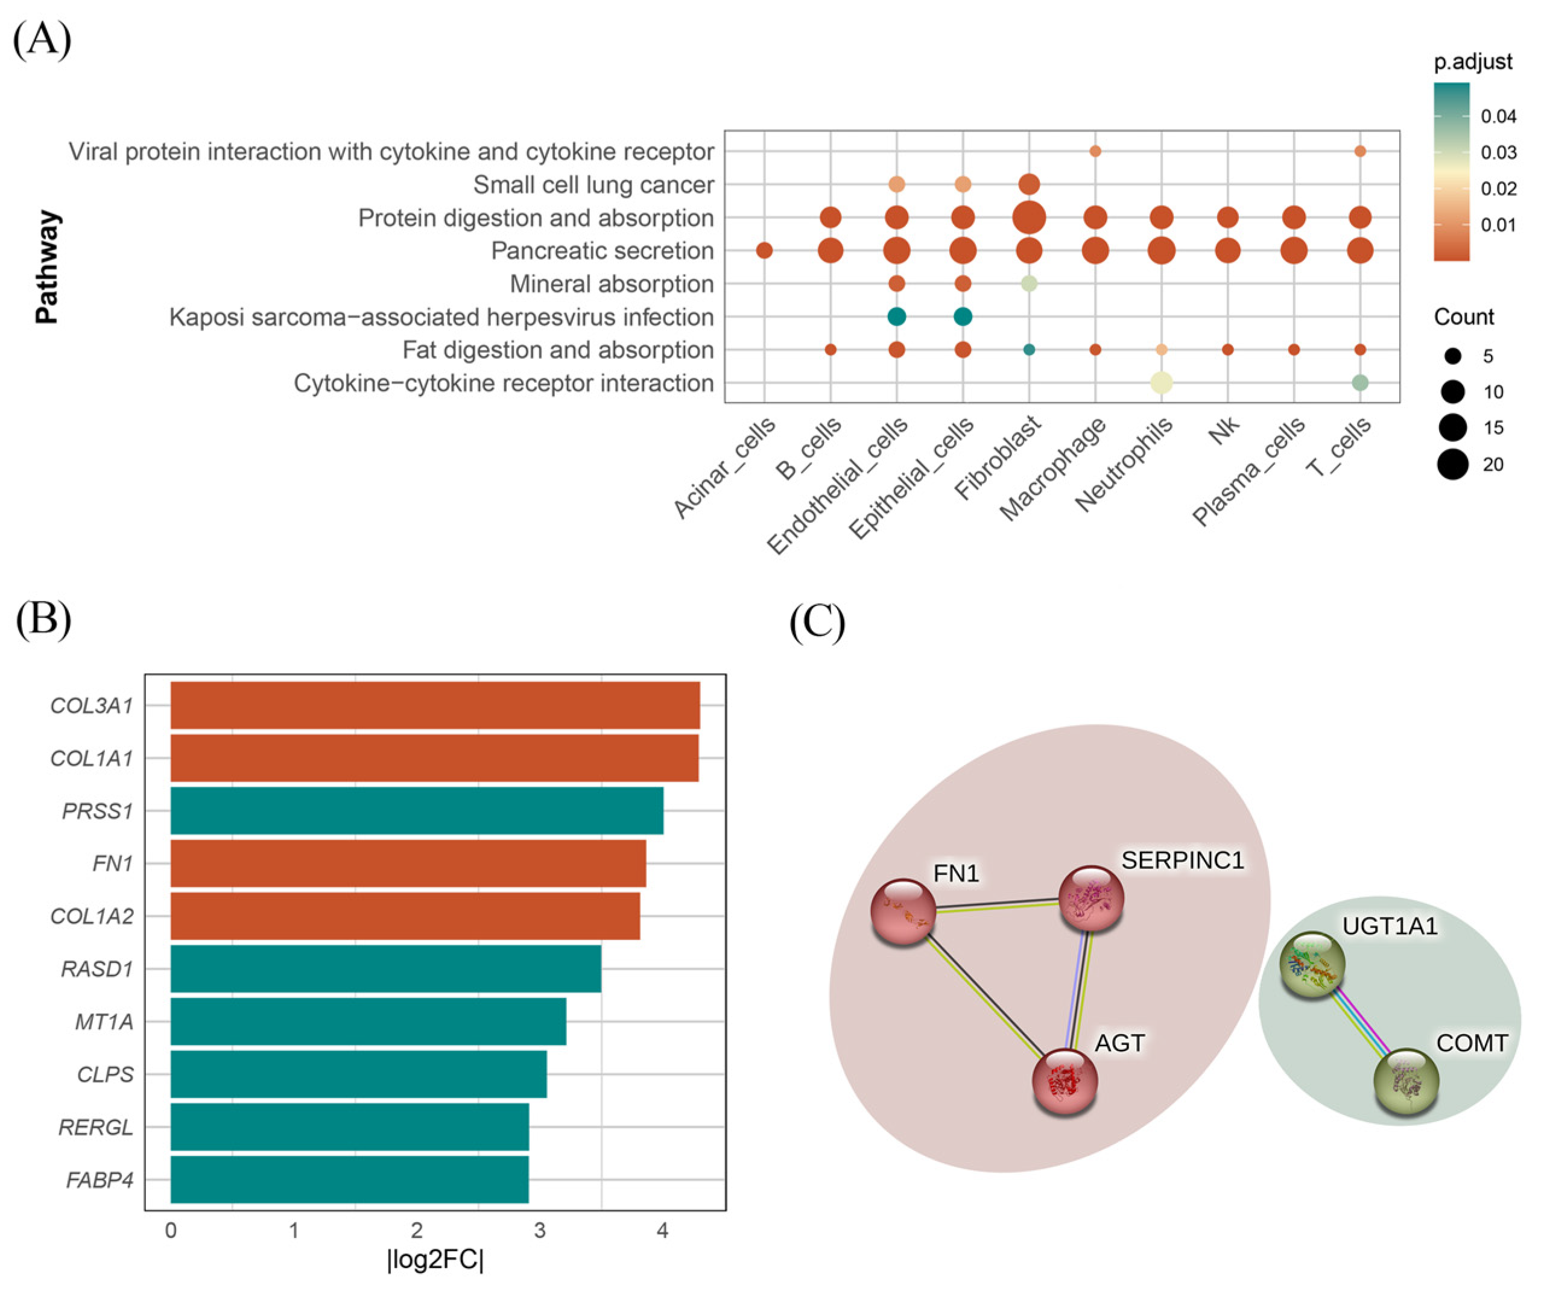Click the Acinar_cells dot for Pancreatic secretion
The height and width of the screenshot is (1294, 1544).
click(764, 251)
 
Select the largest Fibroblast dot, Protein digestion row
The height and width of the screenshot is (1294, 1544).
click(1028, 218)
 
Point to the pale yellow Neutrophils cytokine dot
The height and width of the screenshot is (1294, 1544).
click(1161, 382)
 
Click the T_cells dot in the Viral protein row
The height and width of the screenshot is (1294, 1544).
click(1359, 151)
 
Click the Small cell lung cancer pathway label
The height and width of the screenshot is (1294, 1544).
click(593, 185)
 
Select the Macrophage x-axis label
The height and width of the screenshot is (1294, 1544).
click(1053, 469)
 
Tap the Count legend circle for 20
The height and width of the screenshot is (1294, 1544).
click(1453, 464)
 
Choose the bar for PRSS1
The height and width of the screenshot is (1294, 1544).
click(416, 811)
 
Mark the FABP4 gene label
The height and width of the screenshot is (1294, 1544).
click(100, 1180)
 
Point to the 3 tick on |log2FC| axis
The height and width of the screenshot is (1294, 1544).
click(540, 1231)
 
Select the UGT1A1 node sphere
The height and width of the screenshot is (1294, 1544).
click(1312, 965)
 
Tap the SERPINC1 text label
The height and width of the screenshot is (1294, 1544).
click(1182, 860)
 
